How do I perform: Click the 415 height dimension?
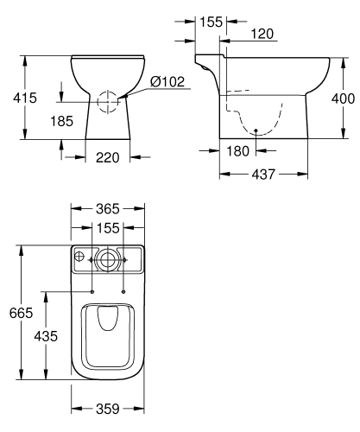(25, 98)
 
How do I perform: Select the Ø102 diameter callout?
(167, 82)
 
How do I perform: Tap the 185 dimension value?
(62, 121)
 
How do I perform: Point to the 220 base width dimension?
(107, 158)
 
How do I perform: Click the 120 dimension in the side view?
(262, 34)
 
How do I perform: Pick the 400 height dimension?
(343, 98)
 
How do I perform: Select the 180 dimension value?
(237, 151)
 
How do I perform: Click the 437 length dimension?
(263, 175)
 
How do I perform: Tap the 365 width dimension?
(108, 209)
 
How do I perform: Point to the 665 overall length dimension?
(21, 313)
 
